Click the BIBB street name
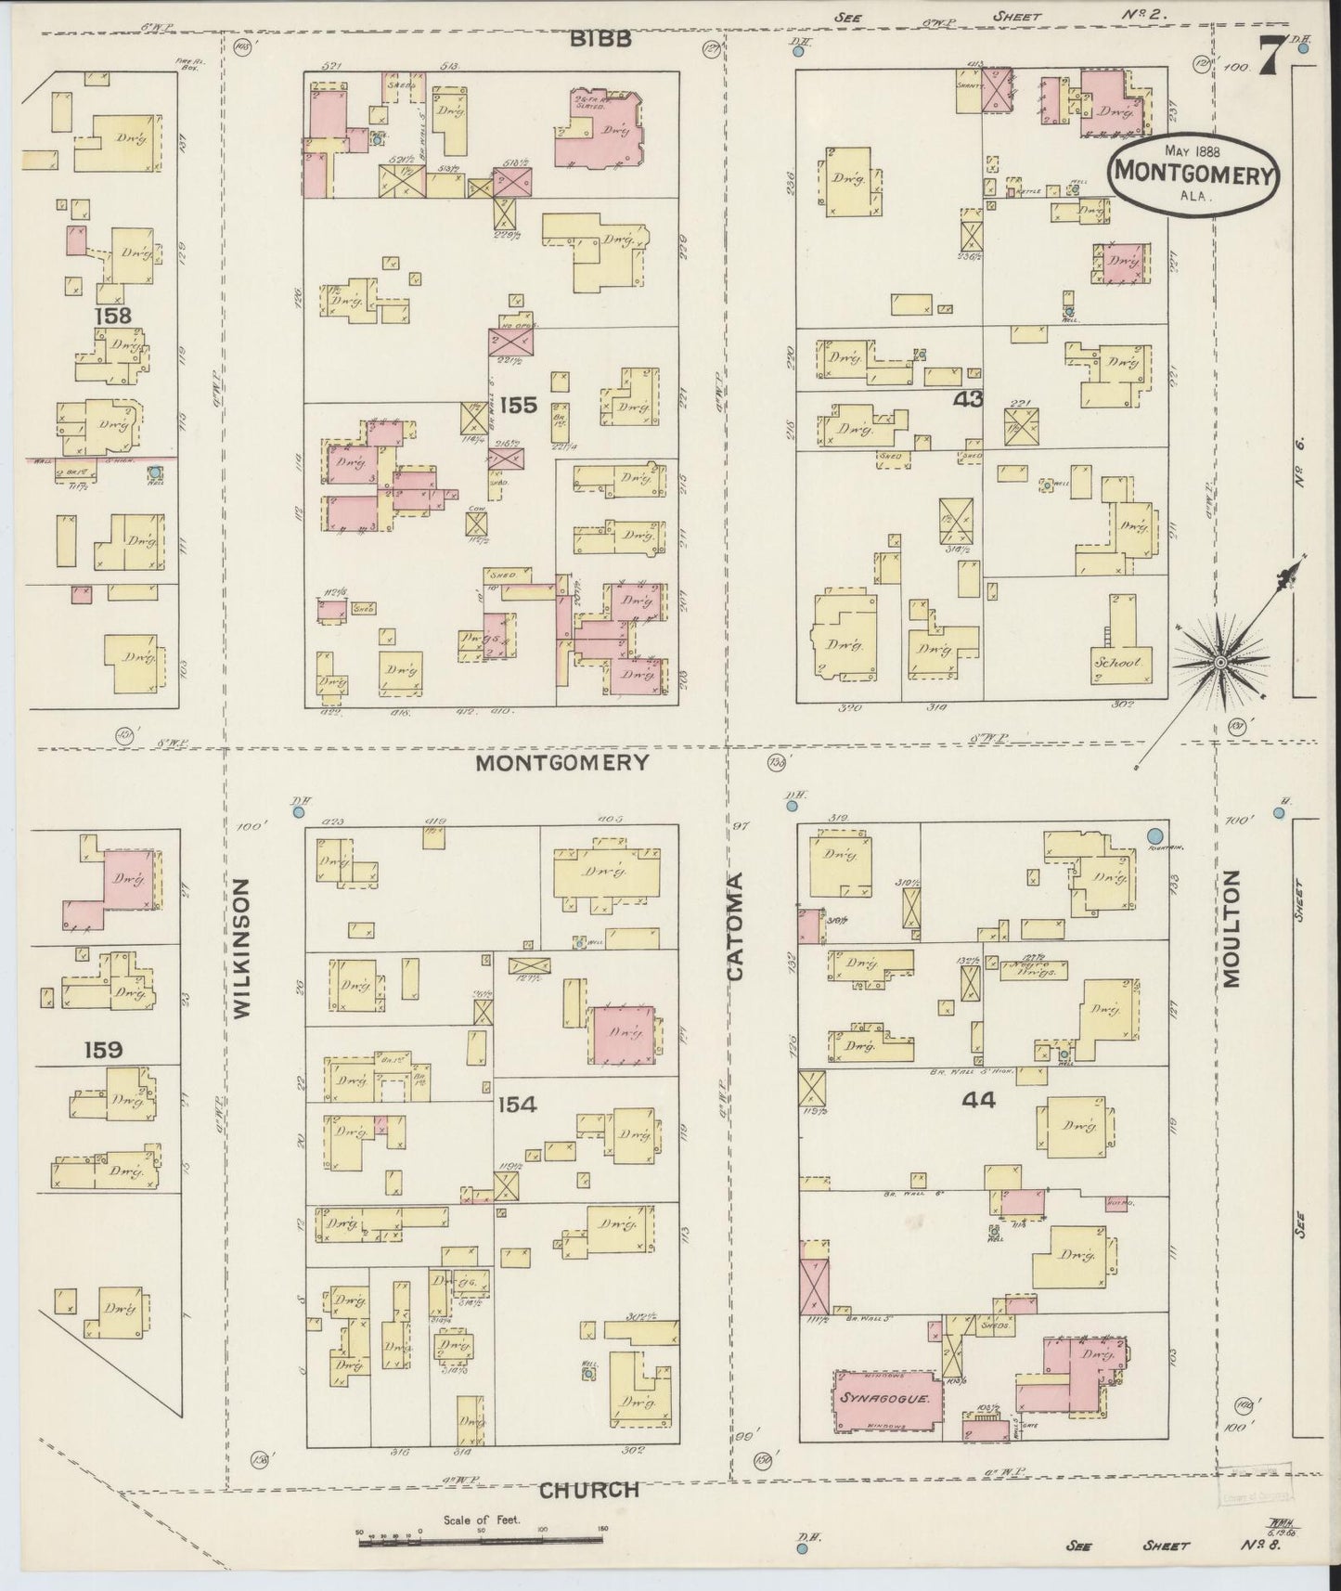click(x=600, y=39)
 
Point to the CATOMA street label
click(x=736, y=925)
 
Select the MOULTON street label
click(x=1231, y=929)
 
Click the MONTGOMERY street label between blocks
click(x=561, y=762)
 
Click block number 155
click(x=518, y=405)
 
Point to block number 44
click(x=978, y=1100)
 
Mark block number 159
click(x=102, y=1050)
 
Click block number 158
click(x=112, y=316)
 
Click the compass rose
click(x=1220, y=660)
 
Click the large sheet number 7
click(x=1270, y=58)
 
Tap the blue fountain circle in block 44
click(x=1156, y=835)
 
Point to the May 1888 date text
click(x=1192, y=150)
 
